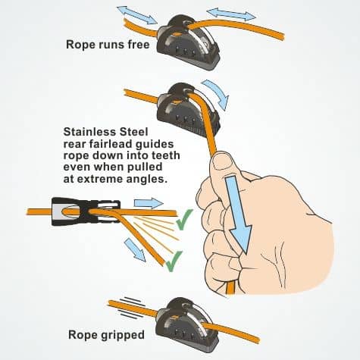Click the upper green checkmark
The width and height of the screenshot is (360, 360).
(183, 225)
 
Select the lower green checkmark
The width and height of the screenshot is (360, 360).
(174, 262)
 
